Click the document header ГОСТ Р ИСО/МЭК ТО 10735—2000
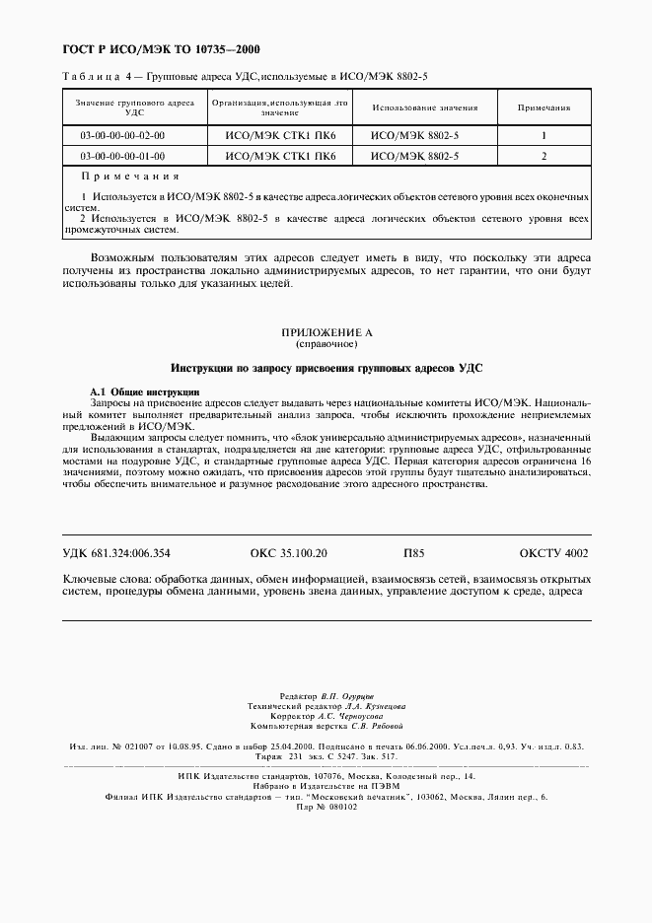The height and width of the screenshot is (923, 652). pyautogui.click(x=155, y=48)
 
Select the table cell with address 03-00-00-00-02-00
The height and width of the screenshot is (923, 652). pyautogui.click(x=123, y=135)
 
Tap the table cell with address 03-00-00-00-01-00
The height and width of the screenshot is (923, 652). pyautogui.click(x=123, y=156)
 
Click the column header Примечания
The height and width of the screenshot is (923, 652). pyautogui.click(x=543, y=107)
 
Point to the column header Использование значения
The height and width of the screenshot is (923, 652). pyautogui.click(x=425, y=107)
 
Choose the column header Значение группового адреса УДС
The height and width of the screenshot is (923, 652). pyautogui.click(x=123, y=107)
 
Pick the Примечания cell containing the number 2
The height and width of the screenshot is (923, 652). pyautogui.click(x=543, y=156)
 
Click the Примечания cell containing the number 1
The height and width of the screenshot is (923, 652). pyautogui.click(x=543, y=135)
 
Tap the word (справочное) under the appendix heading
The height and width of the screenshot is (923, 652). pyautogui.click(x=326, y=346)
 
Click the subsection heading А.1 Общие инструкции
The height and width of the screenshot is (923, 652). pyautogui.click(x=145, y=392)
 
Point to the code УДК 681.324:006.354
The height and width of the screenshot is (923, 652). pyautogui.click(x=115, y=554)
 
